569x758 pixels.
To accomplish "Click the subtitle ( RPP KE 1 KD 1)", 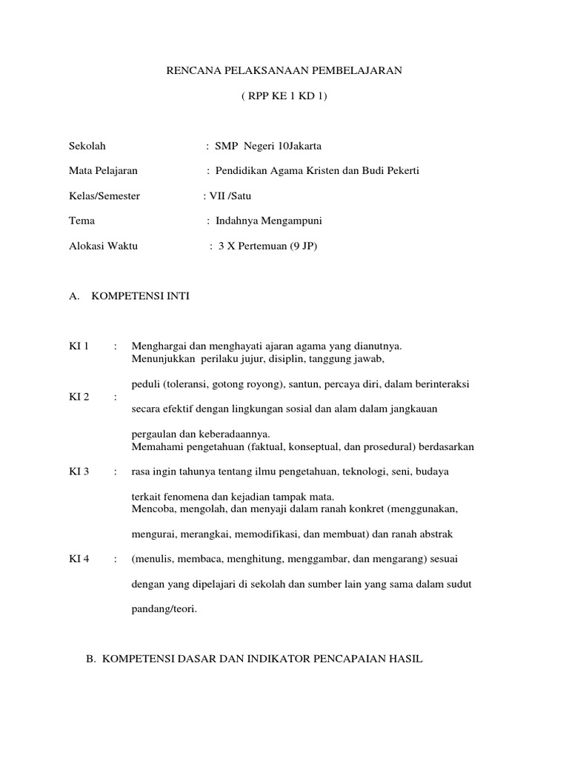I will point(284,97).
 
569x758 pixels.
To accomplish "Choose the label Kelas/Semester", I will point(104,195).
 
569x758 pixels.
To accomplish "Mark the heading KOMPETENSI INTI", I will point(140,295).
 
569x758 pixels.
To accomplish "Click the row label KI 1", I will point(79,346).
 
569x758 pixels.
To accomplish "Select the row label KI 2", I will point(79,397).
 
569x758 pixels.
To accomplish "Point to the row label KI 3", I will point(79,472).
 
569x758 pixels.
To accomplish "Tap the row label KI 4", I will point(79,559).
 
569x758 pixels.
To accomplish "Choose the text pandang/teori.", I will point(164,609).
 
